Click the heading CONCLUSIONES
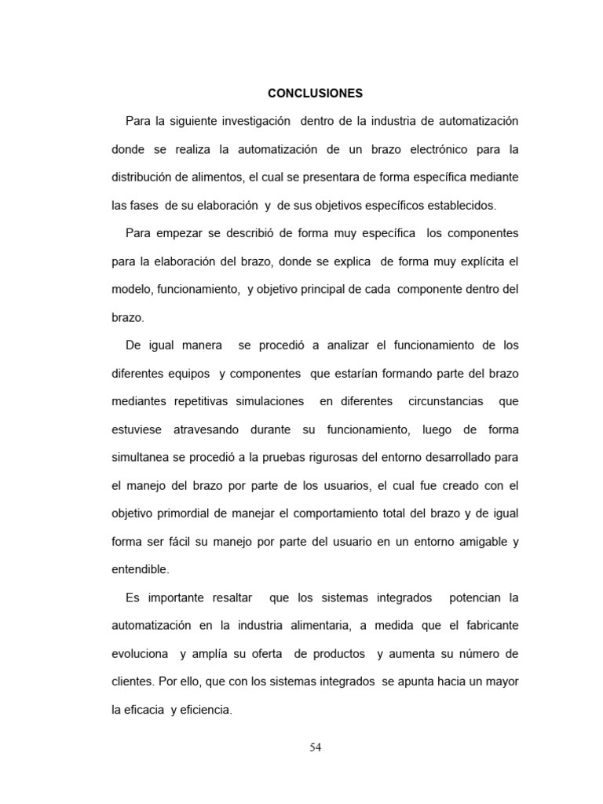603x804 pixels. click(x=315, y=93)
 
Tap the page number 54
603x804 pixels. click(x=315, y=747)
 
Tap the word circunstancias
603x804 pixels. click(x=444, y=401)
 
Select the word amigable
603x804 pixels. click(x=481, y=542)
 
